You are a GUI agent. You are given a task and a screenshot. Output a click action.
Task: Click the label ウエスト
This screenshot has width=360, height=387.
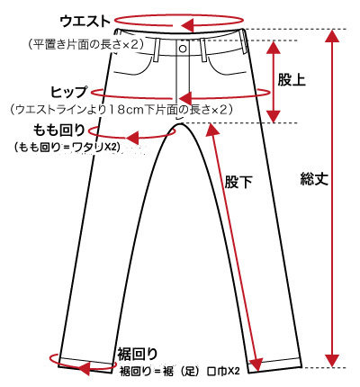point(85,22)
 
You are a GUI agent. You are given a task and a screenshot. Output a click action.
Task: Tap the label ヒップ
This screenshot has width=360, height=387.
point(68,92)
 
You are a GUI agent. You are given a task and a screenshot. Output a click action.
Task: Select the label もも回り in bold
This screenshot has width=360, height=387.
point(58,130)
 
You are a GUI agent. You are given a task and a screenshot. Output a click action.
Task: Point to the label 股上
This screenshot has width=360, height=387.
point(292,79)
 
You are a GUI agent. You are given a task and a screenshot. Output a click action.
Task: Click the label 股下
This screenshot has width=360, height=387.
point(238,182)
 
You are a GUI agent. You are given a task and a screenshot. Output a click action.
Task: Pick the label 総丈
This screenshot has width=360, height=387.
point(314,179)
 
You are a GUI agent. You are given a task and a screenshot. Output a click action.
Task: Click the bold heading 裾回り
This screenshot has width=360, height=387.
point(138,354)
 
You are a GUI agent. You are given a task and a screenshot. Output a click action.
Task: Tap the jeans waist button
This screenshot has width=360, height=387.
point(183,49)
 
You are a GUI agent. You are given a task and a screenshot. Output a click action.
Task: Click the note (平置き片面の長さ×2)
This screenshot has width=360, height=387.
point(86,44)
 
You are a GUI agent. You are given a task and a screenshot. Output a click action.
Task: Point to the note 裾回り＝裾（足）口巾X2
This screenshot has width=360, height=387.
point(180,371)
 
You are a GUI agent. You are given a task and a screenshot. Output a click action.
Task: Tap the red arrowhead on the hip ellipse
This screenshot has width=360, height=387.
point(185,98)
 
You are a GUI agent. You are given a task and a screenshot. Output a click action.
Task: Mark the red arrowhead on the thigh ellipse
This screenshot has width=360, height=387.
point(132,138)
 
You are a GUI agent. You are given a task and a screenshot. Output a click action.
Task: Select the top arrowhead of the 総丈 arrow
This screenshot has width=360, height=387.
point(332,35)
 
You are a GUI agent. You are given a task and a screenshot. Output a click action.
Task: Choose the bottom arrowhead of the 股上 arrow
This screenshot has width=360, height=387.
point(274,116)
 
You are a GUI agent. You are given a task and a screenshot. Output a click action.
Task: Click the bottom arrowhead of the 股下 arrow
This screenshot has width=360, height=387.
point(257,364)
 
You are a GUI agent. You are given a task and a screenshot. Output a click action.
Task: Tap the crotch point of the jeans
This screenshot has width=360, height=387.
point(180,123)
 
